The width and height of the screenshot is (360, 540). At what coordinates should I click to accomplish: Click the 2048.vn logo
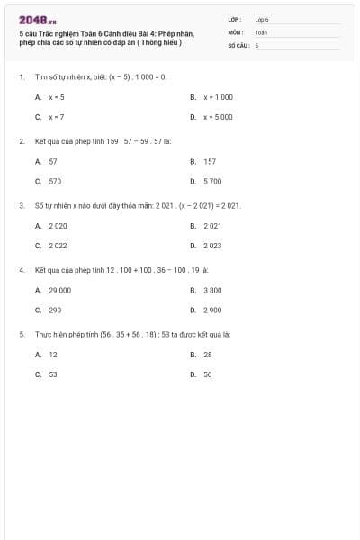point(37,19)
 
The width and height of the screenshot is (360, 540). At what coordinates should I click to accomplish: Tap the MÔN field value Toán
point(261,31)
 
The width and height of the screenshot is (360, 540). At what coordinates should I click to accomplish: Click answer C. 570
point(49,181)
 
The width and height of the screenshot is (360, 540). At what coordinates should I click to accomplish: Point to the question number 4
point(21,269)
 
